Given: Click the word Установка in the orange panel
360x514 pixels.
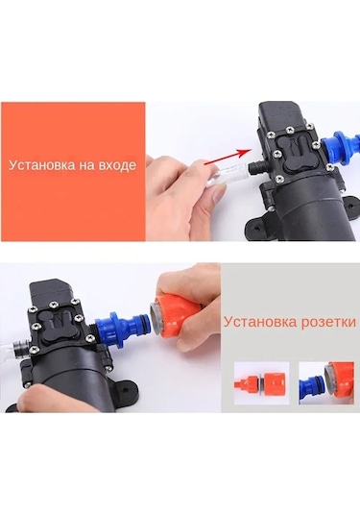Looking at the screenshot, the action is [x=41, y=164].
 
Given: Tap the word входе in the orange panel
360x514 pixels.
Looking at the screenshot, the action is [x=117, y=165].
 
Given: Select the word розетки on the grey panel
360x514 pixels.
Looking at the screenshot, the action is [x=327, y=322].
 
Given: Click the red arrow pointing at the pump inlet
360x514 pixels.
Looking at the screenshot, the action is [x=228, y=156].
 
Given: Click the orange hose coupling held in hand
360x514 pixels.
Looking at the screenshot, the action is [x=176, y=314].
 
